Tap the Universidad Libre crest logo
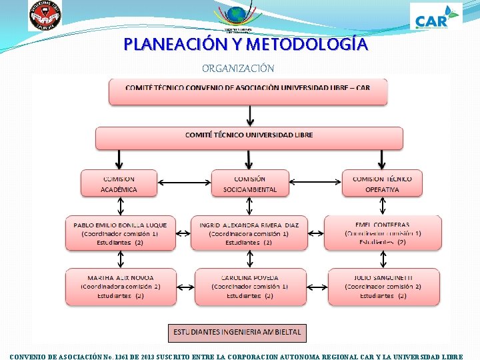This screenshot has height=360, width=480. click(x=45, y=16)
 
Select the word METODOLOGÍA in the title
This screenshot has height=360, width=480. click(x=306, y=45)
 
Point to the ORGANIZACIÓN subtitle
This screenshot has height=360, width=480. click(x=238, y=68)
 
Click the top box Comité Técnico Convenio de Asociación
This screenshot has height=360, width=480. click(x=248, y=91)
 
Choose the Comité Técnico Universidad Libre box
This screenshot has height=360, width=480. click(x=249, y=138)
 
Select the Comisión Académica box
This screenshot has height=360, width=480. click(x=119, y=183)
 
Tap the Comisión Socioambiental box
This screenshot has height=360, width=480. click(x=250, y=183)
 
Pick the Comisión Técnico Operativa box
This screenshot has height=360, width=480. click(x=382, y=183)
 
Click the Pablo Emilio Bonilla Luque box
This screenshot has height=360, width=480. click(x=120, y=233)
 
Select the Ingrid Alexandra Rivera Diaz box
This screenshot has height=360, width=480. click(x=249, y=233)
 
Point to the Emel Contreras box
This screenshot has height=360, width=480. click(x=383, y=233)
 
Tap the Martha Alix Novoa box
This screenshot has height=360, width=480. click(x=120, y=287)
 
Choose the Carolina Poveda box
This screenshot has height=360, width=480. click(x=250, y=287)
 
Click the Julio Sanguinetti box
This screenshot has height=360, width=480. click(x=383, y=287)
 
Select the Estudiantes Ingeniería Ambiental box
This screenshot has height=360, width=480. click(x=237, y=332)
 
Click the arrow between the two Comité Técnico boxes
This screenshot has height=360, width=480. click(x=249, y=116)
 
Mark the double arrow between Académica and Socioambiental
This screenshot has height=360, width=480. click(x=183, y=183)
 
